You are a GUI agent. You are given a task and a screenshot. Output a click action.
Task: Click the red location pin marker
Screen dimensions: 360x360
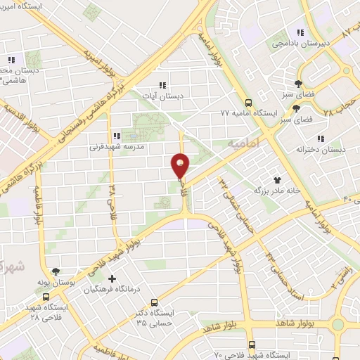coord(181,165)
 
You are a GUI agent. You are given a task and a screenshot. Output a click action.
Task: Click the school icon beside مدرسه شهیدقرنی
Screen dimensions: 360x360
coord(114,136)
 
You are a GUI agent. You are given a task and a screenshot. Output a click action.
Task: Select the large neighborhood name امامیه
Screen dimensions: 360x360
coord(244,143)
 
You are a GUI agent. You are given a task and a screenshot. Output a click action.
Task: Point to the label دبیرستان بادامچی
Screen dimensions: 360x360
coord(299,43)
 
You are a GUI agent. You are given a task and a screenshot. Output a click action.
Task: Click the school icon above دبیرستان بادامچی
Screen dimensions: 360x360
coord(301,32)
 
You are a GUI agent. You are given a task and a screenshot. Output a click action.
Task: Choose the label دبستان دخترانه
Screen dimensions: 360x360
coord(320,149)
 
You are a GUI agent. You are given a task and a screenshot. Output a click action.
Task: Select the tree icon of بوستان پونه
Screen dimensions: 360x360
coord(56,271)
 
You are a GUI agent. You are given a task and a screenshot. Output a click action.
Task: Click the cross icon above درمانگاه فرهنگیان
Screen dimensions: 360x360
coord(112,279)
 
